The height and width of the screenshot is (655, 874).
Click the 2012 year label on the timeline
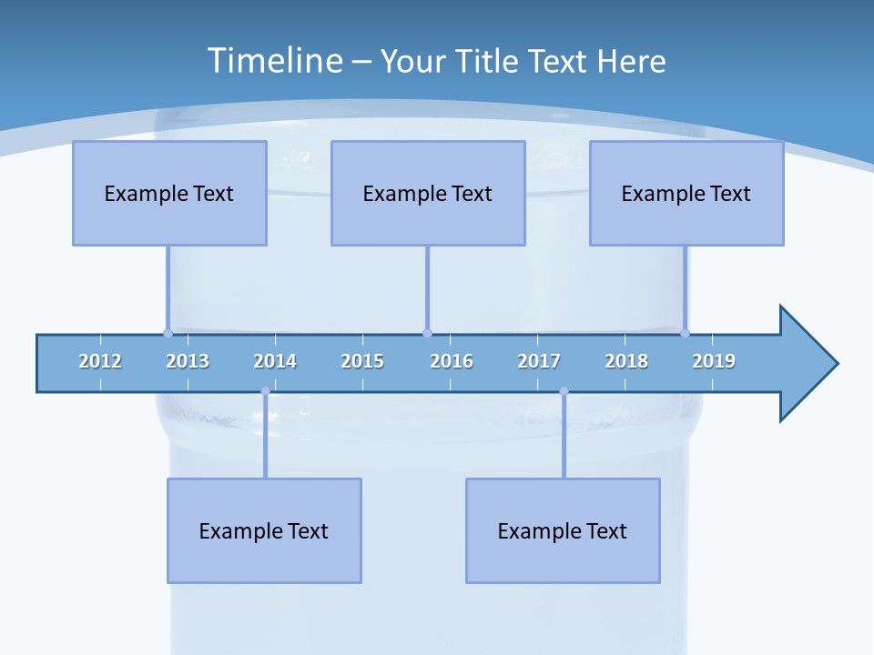click(100, 361)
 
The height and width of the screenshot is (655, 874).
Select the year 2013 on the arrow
click(188, 361)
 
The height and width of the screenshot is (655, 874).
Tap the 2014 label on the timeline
click(275, 361)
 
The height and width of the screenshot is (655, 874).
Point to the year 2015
click(362, 361)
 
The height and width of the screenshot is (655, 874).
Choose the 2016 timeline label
click(452, 361)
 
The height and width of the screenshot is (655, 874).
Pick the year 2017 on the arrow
click(539, 361)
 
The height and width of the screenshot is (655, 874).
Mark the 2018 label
click(626, 361)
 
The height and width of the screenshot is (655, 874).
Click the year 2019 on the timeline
click(714, 361)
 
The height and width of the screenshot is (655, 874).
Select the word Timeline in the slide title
click(274, 61)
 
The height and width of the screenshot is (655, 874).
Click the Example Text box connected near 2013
click(169, 193)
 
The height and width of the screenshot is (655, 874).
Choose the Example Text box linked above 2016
click(428, 193)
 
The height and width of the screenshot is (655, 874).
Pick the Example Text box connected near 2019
click(686, 193)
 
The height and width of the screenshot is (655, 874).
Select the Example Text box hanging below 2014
click(264, 530)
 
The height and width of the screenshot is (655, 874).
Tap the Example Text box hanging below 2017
click(563, 530)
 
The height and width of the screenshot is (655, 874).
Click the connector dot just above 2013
click(168, 333)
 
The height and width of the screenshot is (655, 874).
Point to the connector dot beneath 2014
click(265, 391)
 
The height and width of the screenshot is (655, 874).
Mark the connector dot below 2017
click(564, 391)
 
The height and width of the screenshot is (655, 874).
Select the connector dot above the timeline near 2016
click(427, 333)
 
